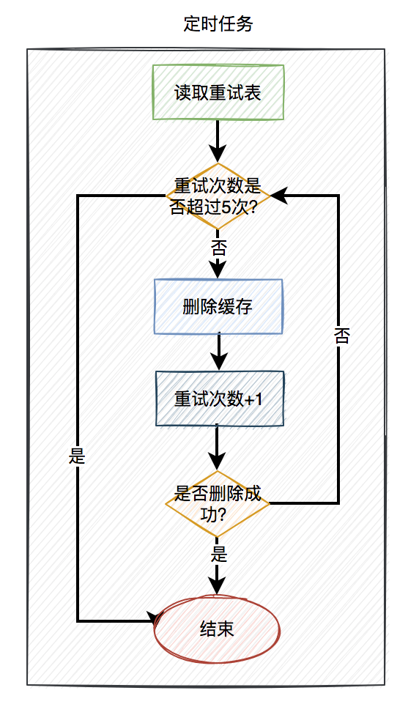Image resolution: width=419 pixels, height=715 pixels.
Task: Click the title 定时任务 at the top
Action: (218, 24)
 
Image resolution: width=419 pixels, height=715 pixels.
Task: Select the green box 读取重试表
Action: (218, 93)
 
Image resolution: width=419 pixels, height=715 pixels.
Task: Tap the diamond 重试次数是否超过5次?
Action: (218, 196)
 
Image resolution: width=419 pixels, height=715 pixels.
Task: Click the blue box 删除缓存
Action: (218, 307)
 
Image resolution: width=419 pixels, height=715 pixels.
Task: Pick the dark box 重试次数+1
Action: (219, 399)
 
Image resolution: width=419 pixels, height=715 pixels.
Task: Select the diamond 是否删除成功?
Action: (218, 503)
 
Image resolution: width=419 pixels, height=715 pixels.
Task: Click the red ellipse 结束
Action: (218, 629)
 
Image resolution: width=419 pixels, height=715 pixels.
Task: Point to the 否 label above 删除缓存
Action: (218, 247)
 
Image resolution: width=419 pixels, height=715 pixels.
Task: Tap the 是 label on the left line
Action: (77, 456)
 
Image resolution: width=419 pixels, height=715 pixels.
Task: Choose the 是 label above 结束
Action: (218, 553)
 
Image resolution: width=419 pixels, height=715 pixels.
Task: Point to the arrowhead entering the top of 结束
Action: (218, 585)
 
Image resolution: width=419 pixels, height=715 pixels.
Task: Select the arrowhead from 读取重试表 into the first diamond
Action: (218, 153)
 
